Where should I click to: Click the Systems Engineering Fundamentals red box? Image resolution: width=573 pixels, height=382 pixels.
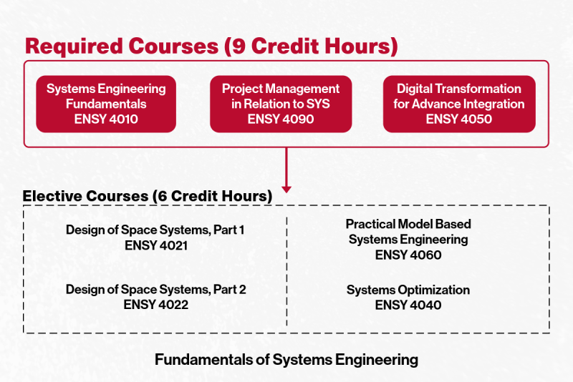[106, 104]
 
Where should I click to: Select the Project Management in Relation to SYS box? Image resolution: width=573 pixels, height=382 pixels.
[281, 104]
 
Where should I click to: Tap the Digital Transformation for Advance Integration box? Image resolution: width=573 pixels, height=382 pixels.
[459, 104]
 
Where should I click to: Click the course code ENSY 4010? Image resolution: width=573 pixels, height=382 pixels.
[106, 119]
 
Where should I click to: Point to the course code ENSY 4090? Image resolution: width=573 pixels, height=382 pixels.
[281, 119]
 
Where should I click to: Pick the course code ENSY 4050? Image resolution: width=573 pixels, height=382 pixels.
[459, 119]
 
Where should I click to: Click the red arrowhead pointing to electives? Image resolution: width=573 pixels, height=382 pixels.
[286, 188]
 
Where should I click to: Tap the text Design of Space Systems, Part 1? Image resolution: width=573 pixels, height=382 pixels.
[155, 230]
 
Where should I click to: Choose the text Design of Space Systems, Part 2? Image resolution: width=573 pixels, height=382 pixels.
[155, 290]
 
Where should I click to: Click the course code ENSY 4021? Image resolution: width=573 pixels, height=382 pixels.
[155, 245]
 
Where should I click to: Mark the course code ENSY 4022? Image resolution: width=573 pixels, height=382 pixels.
[155, 305]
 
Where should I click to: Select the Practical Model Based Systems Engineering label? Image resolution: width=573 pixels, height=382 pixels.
[408, 232]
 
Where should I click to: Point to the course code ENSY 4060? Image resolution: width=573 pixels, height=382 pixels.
[408, 255]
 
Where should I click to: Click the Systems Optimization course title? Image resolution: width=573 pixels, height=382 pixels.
[408, 290]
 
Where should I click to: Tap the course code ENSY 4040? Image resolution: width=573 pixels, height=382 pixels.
[408, 305]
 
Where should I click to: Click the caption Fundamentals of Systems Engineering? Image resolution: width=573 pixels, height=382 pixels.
[286, 359]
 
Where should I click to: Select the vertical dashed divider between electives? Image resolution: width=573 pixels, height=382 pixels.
[286, 272]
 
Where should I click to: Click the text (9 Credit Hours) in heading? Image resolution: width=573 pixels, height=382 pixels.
[310, 46]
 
